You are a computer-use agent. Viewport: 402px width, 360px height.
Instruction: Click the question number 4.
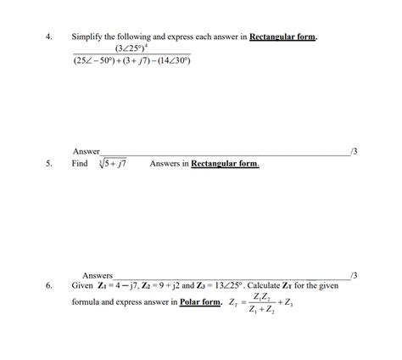pos(50,37)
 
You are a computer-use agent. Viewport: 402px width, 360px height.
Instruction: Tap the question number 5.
pos(50,164)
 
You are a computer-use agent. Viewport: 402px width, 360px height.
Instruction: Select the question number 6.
pos(50,286)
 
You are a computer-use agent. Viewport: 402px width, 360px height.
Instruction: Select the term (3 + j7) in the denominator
pos(133,62)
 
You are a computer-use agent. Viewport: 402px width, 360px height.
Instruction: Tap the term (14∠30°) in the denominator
pos(171,62)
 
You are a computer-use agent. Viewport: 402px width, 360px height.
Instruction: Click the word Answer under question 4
pos(87,151)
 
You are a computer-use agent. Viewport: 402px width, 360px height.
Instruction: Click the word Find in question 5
pos(80,164)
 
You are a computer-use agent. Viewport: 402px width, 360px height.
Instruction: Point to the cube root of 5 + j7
pos(111,163)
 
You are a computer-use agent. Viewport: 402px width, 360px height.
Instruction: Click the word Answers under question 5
pos(98,275)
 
